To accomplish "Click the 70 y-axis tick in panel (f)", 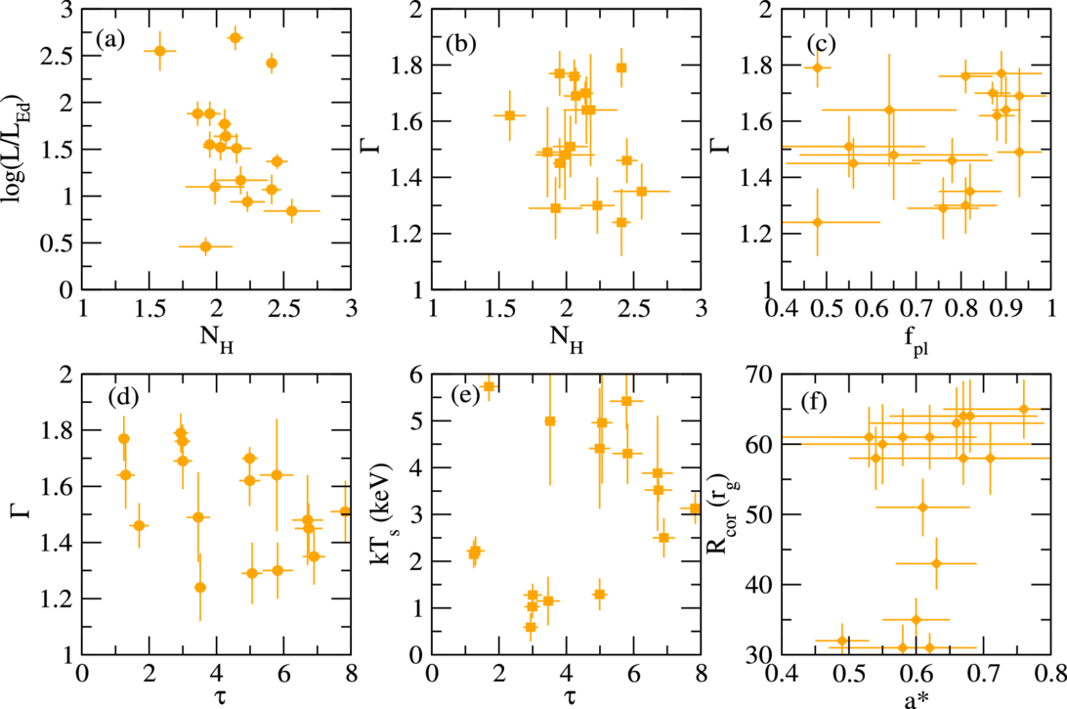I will point(759,375).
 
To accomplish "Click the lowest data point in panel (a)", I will point(205,246).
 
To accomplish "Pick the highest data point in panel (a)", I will point(235,38).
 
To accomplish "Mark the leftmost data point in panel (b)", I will point(510,115).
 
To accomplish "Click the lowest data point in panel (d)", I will point(200,587).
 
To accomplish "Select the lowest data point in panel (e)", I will point(531,627).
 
